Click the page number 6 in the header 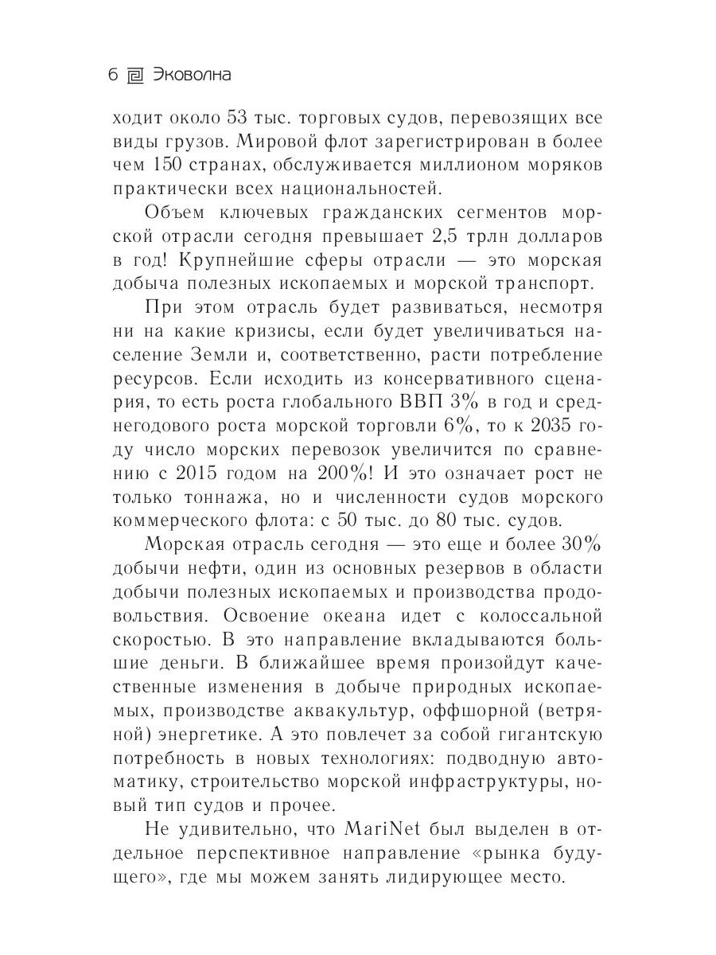click(x=112, y=76)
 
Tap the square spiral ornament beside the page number click(x=135, y=76)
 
